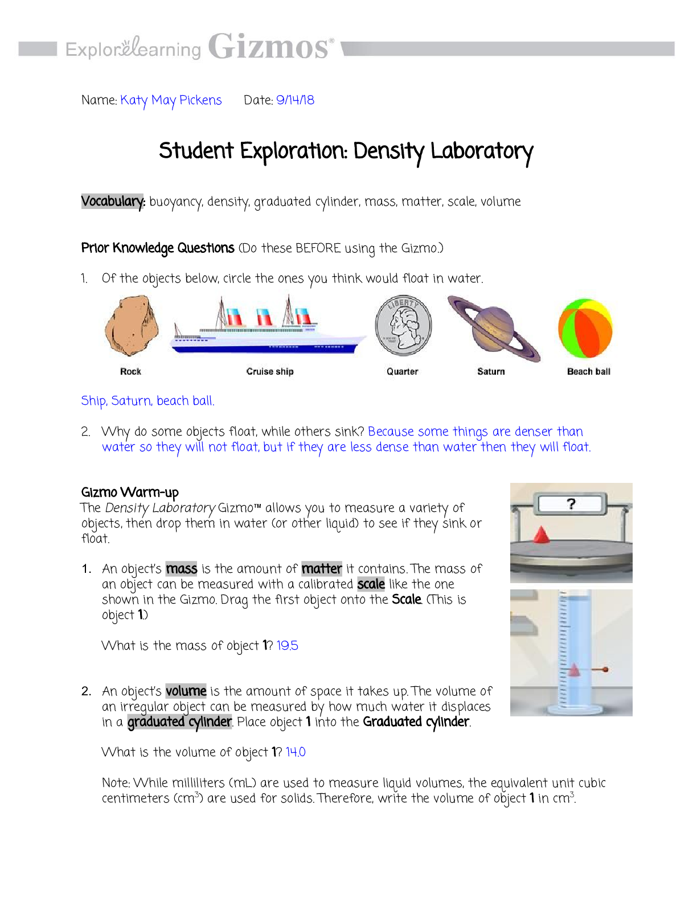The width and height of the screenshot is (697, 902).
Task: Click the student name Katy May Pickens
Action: click(x=171, y=101)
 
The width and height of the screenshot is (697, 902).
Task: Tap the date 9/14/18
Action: click(x=295, y=100)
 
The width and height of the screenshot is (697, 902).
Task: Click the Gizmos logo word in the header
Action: click(x=269, y=47)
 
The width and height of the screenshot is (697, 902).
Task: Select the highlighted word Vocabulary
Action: click(x=113, y=202)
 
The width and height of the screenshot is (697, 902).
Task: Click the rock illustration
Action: click(x=131, y=325)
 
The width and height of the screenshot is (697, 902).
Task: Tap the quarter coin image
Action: click(x=403, y=326)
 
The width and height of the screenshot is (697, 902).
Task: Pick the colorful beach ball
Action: click(x=585, y=329)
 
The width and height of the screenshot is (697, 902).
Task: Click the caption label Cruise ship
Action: click(x=270, y=371)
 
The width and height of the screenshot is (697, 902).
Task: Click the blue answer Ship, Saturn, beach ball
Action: click(x=147, y=401)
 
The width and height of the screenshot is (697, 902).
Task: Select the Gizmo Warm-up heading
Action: click(x=130, y=492)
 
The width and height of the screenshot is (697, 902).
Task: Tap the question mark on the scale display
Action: click(x=571, y=504)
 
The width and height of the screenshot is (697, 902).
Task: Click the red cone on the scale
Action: click(x=541, y=535)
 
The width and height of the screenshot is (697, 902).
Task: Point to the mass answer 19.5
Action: click(x=287, y=646)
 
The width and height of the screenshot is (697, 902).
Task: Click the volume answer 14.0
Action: click(x=296, y=752)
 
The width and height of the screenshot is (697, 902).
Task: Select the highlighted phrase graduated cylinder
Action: click(x=179, y=722)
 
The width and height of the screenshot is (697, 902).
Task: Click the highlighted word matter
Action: click(x=322, y=569)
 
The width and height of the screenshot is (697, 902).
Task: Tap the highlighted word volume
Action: click(x=186, y=691)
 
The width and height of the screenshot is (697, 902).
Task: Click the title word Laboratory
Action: click(x=482, y=151)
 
